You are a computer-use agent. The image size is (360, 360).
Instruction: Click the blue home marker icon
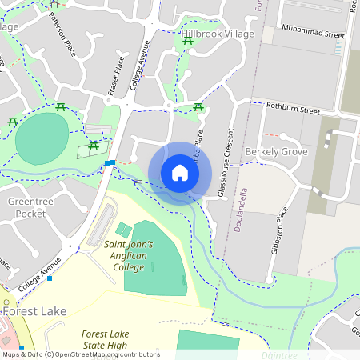pos(180,173)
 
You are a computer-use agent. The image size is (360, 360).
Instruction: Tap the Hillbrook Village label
pos(217,34)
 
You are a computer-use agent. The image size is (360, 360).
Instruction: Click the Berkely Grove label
pos(276,151)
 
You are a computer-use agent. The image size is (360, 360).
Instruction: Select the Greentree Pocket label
pos(30,208)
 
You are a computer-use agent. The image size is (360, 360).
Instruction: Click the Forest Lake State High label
pos(116,340)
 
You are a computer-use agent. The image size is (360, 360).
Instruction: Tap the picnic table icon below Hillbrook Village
pos(188,42)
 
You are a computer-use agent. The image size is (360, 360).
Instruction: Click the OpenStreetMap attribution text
pos(80,354)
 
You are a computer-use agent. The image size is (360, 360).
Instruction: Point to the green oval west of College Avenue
pos(42,138)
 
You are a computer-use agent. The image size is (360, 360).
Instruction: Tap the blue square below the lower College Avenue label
pos(50,278)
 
